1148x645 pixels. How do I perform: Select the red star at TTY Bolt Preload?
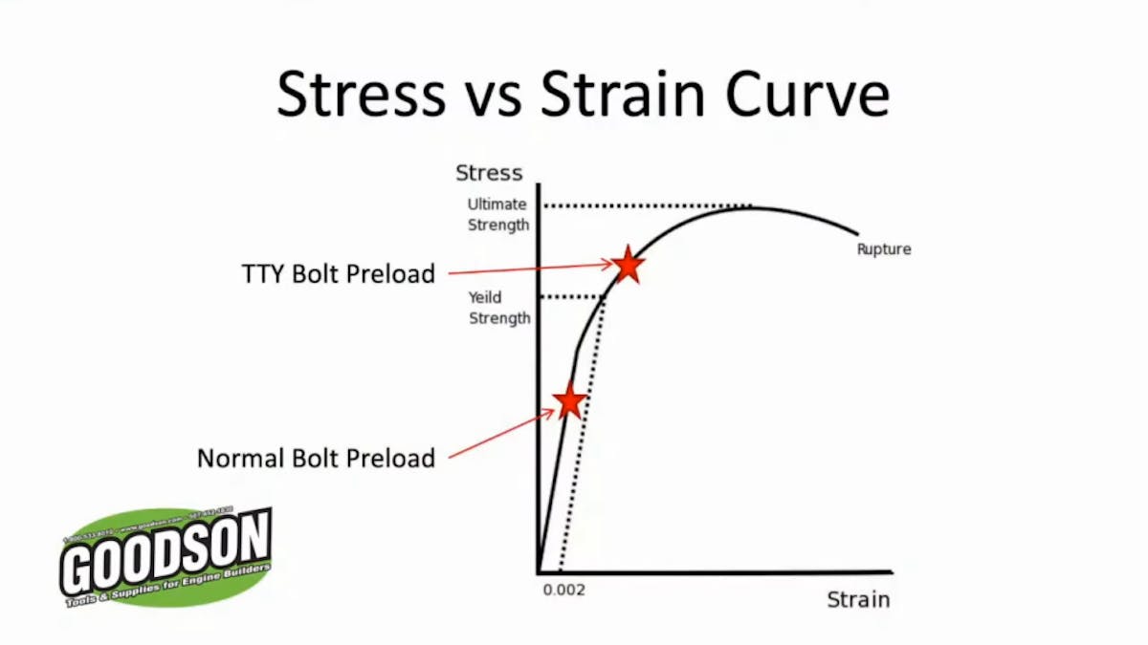(628, 265)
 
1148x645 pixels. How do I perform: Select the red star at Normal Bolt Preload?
(569, 401)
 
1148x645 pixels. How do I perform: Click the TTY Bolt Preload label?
(338, 274)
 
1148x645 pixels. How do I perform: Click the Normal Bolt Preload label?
(316, 458)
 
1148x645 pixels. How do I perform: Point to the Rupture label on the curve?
(883, 249)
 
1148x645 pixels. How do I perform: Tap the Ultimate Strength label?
(497, 215)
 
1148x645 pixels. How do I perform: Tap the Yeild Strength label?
(498, 308)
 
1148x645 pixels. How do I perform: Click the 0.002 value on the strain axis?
(563, 590)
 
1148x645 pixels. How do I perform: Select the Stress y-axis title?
(489, 173)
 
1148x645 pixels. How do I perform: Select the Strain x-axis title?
(858, 600)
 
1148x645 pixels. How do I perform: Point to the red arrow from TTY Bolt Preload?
(526, 269)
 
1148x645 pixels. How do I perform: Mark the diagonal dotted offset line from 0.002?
(580, 440)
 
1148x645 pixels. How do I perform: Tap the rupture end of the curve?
(857, 232)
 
